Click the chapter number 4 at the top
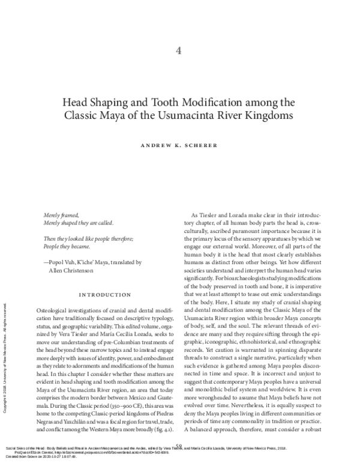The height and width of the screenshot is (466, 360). [179, 50]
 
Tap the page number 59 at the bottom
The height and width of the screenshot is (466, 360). [179, 446]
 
